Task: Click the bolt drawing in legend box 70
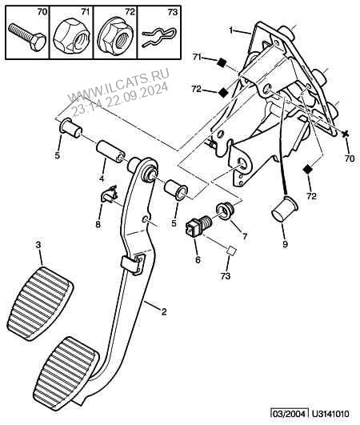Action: [26, 37]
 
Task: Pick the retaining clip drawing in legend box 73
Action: [159, 37]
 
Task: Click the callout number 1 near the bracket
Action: [230, 30]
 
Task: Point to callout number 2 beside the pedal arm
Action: [164, 311]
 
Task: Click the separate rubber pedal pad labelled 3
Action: [41, 303]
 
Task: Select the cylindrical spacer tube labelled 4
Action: [110, 152]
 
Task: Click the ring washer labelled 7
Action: [226, 211]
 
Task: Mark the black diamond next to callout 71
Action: [222, 63]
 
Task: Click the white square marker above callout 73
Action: [230, 251]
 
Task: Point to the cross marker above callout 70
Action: [345, 134]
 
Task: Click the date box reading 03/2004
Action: [290, 414]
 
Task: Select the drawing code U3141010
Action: [330, 414]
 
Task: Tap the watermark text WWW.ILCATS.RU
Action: [119, 85]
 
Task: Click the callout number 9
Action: [285, 244]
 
